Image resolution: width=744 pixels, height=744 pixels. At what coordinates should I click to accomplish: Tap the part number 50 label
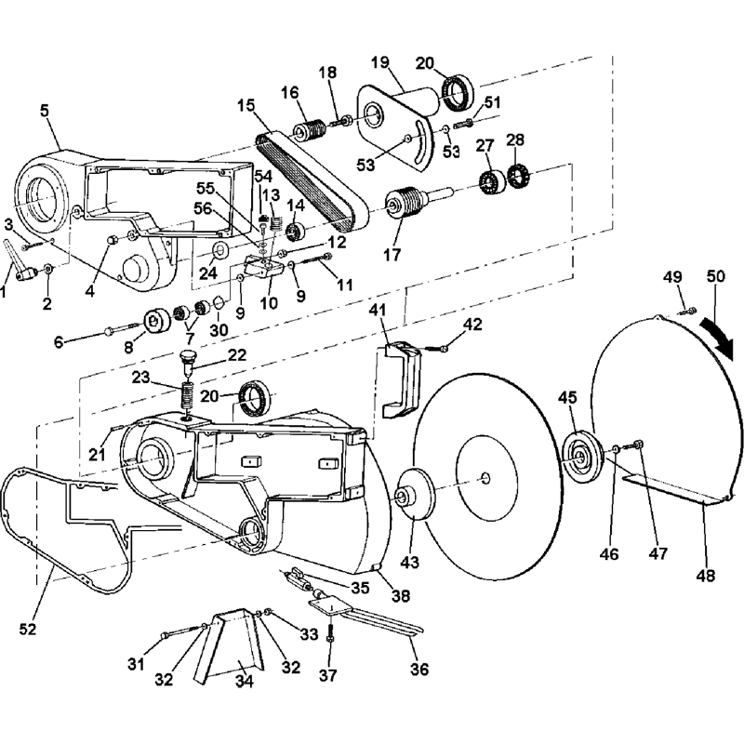click(x=715, y=276)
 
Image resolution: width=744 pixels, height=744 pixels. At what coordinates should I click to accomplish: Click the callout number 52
click(x=27, y=629)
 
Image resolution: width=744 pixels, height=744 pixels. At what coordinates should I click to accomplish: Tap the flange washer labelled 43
click(x=414, y=495)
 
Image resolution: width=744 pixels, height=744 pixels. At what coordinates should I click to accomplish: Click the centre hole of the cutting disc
click(x=485, y=477)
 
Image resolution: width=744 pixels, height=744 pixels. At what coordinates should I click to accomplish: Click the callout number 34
click(x=245, y=681)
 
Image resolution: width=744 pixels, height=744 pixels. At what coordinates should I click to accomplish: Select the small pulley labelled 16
click(x=310, y=129)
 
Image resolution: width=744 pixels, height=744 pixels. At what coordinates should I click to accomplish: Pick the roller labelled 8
click(x=156, y=323)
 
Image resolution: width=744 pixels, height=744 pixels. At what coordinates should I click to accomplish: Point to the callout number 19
click(x=380, y=61)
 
